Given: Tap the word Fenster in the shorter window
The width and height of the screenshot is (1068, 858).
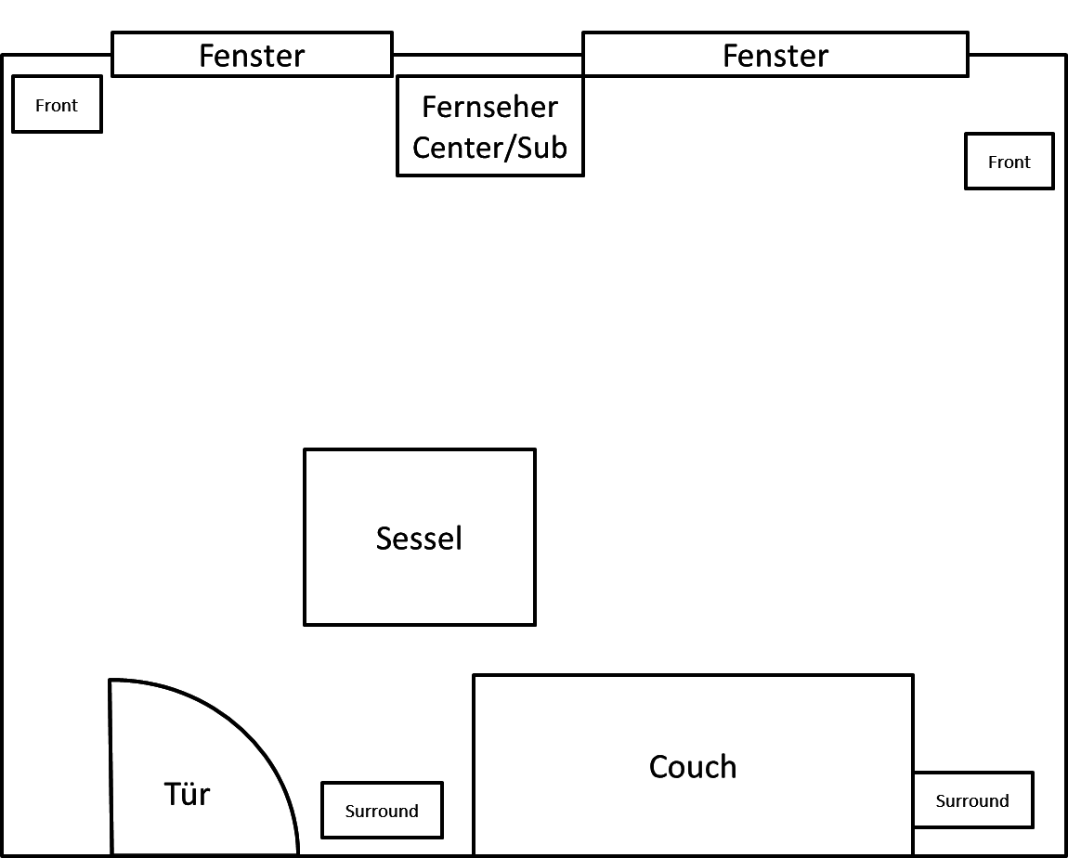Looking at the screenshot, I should click(252, 56).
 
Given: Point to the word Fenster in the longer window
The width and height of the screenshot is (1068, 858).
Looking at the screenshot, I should click(775, 56).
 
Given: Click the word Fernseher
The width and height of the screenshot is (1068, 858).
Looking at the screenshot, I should click(489, 107).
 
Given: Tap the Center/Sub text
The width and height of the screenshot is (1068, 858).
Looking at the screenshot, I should click(489, 147).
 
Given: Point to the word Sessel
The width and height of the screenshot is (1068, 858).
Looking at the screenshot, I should click(419, 539).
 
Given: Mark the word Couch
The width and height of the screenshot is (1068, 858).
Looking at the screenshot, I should click(693, 767).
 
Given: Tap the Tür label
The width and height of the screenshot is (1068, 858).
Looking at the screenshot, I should click(187, 795).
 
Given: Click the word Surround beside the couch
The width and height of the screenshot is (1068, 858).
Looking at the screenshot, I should click(972, 801).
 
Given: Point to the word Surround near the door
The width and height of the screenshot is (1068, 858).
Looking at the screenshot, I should click(382, 812).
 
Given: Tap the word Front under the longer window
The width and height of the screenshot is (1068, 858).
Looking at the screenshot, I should click(1009, 162).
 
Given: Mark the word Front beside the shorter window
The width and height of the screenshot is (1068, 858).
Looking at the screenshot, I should click(57, 106).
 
